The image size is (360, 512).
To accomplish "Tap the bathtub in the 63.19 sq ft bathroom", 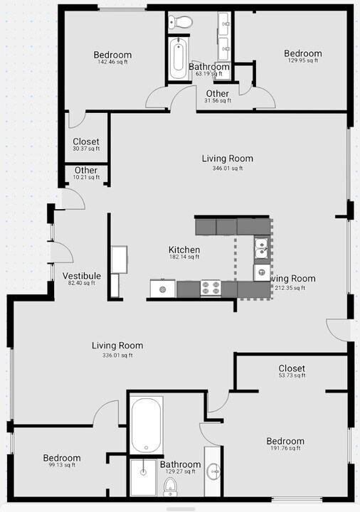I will point(177,58).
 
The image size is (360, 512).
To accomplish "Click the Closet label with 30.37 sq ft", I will point(86,142).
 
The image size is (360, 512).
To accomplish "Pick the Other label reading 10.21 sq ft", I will point(86,171).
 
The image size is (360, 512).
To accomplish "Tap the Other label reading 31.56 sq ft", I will point(218,94).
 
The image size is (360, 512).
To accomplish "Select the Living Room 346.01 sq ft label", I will point(227,159).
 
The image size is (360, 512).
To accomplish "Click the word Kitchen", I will point(184,250).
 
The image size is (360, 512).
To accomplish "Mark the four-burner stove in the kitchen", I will point(211,288).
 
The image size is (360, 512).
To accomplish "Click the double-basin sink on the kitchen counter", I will point(261,248).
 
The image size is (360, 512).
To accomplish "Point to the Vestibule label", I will point(81,276).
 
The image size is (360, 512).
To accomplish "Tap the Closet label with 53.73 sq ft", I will point(292,368).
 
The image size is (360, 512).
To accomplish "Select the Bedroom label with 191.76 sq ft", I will point(285,442).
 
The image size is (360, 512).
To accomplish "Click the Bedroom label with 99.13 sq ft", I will point(61,459).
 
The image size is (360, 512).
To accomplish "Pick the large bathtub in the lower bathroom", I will point(147,425).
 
